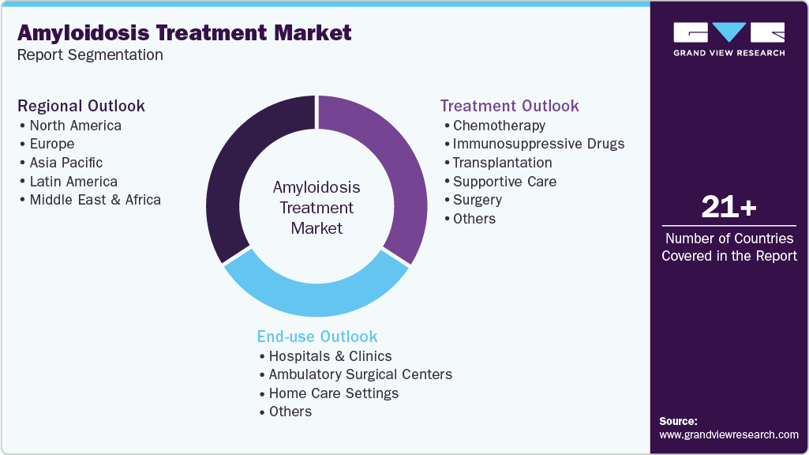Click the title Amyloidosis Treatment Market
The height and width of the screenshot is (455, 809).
[x=185, y=32]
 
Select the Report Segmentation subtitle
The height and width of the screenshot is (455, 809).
[x=90, y=55]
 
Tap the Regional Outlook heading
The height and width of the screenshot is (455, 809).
[x=81, y=106]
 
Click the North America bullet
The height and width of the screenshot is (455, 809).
[x=75, y=125]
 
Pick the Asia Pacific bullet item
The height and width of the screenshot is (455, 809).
[x=66, y=163]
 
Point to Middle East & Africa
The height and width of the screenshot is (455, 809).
[x=95, y=200]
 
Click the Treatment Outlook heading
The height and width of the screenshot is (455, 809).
[x=509, y=106]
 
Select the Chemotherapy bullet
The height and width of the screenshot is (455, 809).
[x=499, y=125]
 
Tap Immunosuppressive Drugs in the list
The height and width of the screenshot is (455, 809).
[x=538, y=144]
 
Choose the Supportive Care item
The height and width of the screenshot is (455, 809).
[x=504, y=182]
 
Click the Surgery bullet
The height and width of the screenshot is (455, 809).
[x=477, y=200]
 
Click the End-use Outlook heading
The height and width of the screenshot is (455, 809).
[x=317, y=337]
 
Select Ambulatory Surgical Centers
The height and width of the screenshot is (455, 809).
[x=360, y=374]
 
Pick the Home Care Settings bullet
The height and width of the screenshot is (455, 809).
[x=333, y=393]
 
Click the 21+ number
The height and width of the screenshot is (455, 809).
[x=728, y=208]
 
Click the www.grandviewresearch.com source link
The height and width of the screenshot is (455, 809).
[x=728, y=434]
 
